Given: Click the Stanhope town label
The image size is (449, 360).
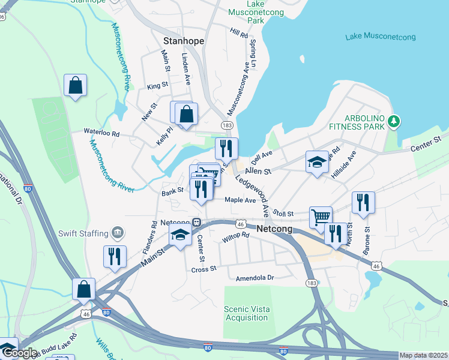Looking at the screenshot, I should click(184, 41).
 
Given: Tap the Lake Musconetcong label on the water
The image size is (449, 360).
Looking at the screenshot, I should click(381, 37).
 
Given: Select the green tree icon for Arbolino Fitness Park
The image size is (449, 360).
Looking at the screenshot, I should click(394, 122).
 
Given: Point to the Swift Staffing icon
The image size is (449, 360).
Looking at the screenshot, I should click(117, 232).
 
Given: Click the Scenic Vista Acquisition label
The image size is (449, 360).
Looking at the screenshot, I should click(246, 313).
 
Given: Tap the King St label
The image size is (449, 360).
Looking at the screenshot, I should click(158, 86).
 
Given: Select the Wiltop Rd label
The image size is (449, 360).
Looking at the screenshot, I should click(235, 237).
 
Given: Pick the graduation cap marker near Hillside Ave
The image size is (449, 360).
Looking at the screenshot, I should click(317, 161).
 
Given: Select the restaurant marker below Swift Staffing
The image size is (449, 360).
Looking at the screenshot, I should click(115, 256).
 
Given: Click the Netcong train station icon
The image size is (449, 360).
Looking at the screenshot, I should click(196, 221).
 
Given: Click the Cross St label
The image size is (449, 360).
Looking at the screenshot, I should click(203, 269).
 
